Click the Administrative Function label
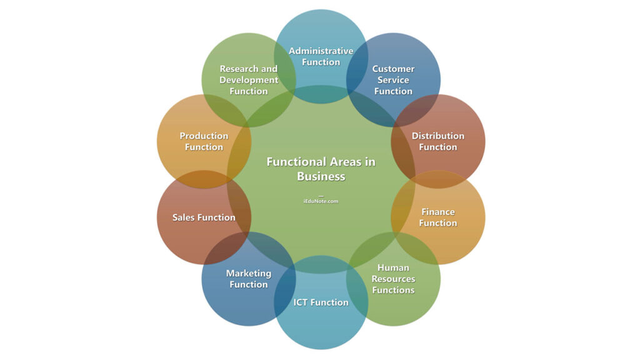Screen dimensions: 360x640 pos(321,56)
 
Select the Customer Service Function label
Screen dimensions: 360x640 pos(393,80)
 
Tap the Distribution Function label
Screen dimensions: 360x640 pos(437,141)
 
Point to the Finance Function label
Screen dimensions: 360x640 pos(437,217)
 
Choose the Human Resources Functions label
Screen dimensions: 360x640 pos(393,279)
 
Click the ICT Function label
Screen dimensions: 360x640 pos(321,302)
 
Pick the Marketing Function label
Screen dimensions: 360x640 pos(248,279)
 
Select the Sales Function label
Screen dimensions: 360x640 pos(204,217)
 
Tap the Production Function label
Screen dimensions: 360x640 pos(204,141)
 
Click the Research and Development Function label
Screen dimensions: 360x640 pos(248,80)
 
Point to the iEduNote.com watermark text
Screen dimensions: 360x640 pos(321,201)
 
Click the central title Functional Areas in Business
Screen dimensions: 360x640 pos(321,169)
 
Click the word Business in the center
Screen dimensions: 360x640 pos(321,176)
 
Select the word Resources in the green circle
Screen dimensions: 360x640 pos(393,279)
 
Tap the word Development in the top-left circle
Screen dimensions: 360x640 pos(248,80)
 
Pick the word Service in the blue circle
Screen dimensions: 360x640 pos(393,80)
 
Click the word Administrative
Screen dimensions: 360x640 pos(321,51)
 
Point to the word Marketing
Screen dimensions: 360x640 pos(248,273)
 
